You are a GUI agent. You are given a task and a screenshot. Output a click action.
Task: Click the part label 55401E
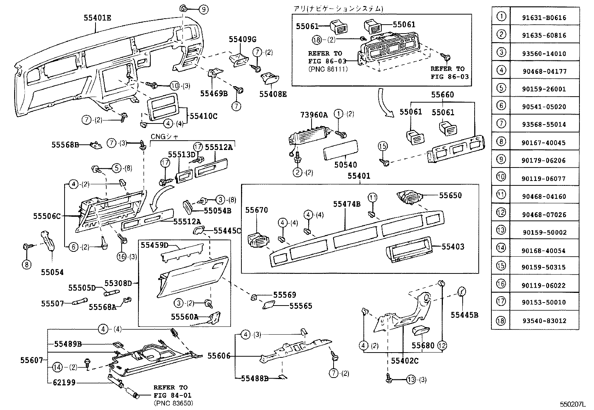[x=97, y=18]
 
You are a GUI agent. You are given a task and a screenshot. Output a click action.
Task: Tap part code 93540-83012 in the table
[x=544, y=320]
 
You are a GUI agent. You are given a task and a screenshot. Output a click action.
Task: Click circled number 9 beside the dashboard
[x=203, y=9]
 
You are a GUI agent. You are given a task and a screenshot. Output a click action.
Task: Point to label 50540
[x=346, y=165]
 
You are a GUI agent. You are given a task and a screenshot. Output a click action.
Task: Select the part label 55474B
[x=347, y=204]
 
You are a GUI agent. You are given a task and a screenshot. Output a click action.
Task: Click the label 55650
[x=450, y=195]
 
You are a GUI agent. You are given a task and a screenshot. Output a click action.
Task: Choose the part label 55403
[x=453, y=246]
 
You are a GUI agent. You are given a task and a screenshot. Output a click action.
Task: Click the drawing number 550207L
[x=572, y=404]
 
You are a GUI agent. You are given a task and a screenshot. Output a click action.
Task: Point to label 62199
[x=64, y=382]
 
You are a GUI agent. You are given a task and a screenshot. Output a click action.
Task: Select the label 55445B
[x=464, y=315]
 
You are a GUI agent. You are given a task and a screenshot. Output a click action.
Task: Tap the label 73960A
[x=314, y=115]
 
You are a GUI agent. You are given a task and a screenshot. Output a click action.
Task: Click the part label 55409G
[x=243, y=40]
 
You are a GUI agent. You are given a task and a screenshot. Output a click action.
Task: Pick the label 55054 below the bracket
[x=52, y=272]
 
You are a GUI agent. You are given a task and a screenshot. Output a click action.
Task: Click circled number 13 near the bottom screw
[x=410, y=380]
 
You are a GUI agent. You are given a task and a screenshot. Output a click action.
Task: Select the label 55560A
[x=184, y=317]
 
